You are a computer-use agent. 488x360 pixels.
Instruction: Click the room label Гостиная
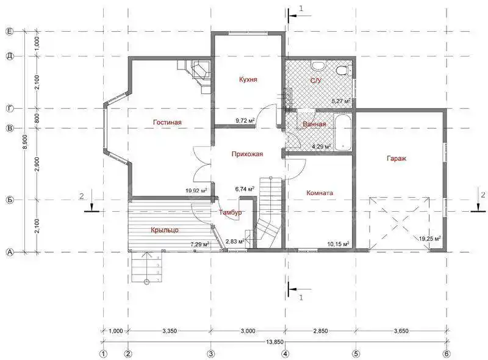pos(167,122)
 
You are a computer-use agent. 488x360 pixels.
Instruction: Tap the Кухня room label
pos(248,79)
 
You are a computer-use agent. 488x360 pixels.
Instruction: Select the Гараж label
pos(396,159)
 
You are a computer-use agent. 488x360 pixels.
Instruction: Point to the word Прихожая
pos(247,154)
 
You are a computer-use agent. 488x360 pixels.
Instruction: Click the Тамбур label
pos(231,212)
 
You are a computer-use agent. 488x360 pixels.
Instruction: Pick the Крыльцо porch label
pos(165,230)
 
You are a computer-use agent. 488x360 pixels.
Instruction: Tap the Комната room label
pos(320,193)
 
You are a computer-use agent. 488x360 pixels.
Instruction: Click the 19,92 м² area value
pos(196,191)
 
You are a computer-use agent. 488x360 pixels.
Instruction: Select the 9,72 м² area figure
pos(245,121)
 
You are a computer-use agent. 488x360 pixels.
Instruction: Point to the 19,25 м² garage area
pos(430,239)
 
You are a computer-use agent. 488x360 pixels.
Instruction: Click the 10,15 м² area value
pos(338,244)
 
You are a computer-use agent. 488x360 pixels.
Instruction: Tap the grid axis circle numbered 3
pos(210,354)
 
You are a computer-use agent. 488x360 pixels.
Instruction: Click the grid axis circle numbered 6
pos(447,354)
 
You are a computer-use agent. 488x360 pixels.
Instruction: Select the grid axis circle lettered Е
pos(10,32)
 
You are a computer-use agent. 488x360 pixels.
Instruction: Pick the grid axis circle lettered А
pos(10,252)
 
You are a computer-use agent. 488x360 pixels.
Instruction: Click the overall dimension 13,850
pos(274,342)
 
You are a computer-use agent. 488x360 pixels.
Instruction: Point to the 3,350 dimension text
pos(170,331)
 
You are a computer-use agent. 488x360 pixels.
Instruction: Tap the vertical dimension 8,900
pos(26,142)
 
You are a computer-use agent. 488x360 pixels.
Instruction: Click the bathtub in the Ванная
pos(343,132)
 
